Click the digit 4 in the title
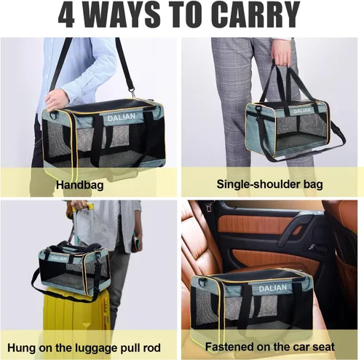click(x=66, y=15)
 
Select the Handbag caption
click(x=79, y=185)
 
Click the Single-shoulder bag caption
click(x=269, y=184)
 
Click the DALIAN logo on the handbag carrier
click(x=121, y=117)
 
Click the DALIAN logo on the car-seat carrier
click(x=273, y=288)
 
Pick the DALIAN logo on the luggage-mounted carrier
click(x=59, y=259)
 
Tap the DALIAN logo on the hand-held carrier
click(x=302, y=111)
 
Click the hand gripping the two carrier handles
click(x=282, y=55)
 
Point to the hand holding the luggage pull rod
click(x=74, y=207)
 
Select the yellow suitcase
click(x=76, y=316)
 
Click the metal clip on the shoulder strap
click(x=132, y=93)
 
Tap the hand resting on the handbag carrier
click(x=57, y=99)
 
